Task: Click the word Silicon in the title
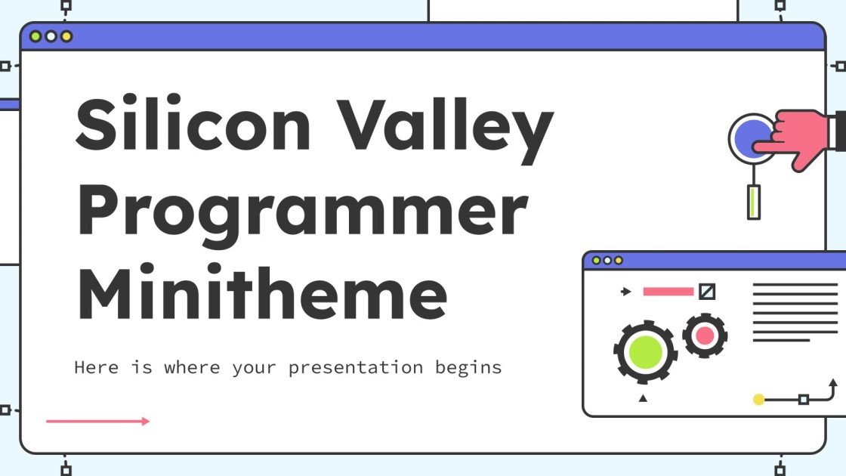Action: (x=193, y=127)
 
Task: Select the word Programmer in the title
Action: (x=302, y=213)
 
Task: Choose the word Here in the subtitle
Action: (x=96, y=368)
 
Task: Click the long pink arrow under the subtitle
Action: (x=98, y=421)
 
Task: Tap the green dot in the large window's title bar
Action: (x=35, y=36)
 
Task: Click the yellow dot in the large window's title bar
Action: (x=66, y=36)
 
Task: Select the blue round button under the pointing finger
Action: (x=750, y=138)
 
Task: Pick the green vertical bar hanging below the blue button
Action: (x=753, y=202)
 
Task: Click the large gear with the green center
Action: (x=645, y=351)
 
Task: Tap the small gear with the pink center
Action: (x=705, y=335)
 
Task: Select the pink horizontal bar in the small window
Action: (x=668, y=292)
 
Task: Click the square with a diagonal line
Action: (x=707, y=292)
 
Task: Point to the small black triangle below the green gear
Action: (x=643, y=398)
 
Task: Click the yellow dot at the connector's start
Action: (x=759, y=399)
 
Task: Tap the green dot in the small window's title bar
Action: (x=596, y=261)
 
